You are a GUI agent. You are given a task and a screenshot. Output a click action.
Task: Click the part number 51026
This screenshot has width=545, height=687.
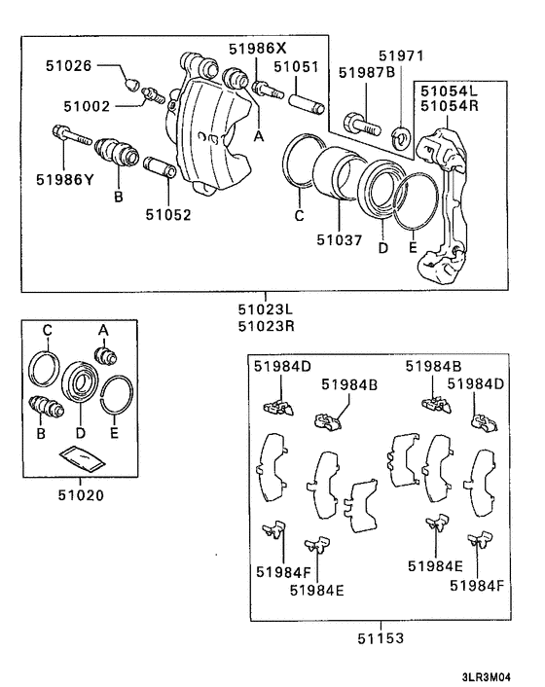pyautogui.click(x=68, y=66)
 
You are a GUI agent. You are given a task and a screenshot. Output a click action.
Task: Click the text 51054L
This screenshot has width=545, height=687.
pyautogui.click(x=448, y=90)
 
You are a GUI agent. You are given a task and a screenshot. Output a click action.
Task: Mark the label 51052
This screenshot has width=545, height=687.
pyautogui.click(x=167, y=215)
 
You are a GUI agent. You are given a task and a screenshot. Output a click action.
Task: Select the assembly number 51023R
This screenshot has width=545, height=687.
pyautogui.click(x=262, y=329)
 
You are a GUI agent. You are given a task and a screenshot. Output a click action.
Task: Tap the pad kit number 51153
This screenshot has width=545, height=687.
pyautogui.click(x=380, y=638)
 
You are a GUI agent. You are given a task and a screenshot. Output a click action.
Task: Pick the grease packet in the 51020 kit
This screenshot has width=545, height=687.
pyautogui.click(x=80, y=456)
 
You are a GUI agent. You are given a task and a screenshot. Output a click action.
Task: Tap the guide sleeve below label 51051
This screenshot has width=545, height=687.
pyautogui.click(x=303, y=99)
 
